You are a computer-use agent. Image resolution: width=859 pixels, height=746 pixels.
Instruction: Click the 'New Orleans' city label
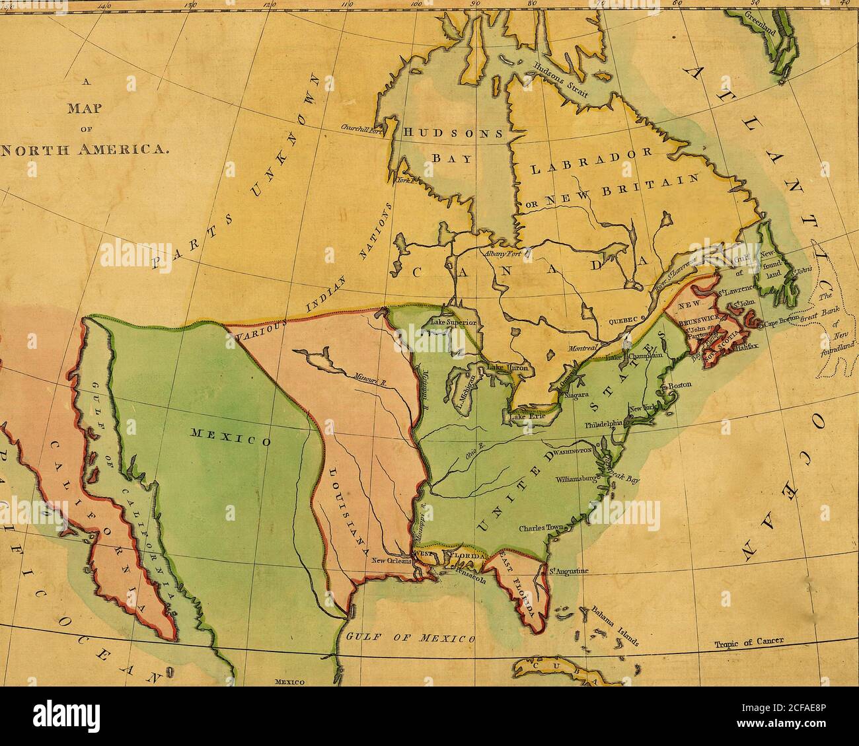pyautogui.click(x=391, y=560)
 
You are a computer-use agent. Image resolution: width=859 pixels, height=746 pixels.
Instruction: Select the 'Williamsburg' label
pyautogui.click(x=576, y=477)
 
